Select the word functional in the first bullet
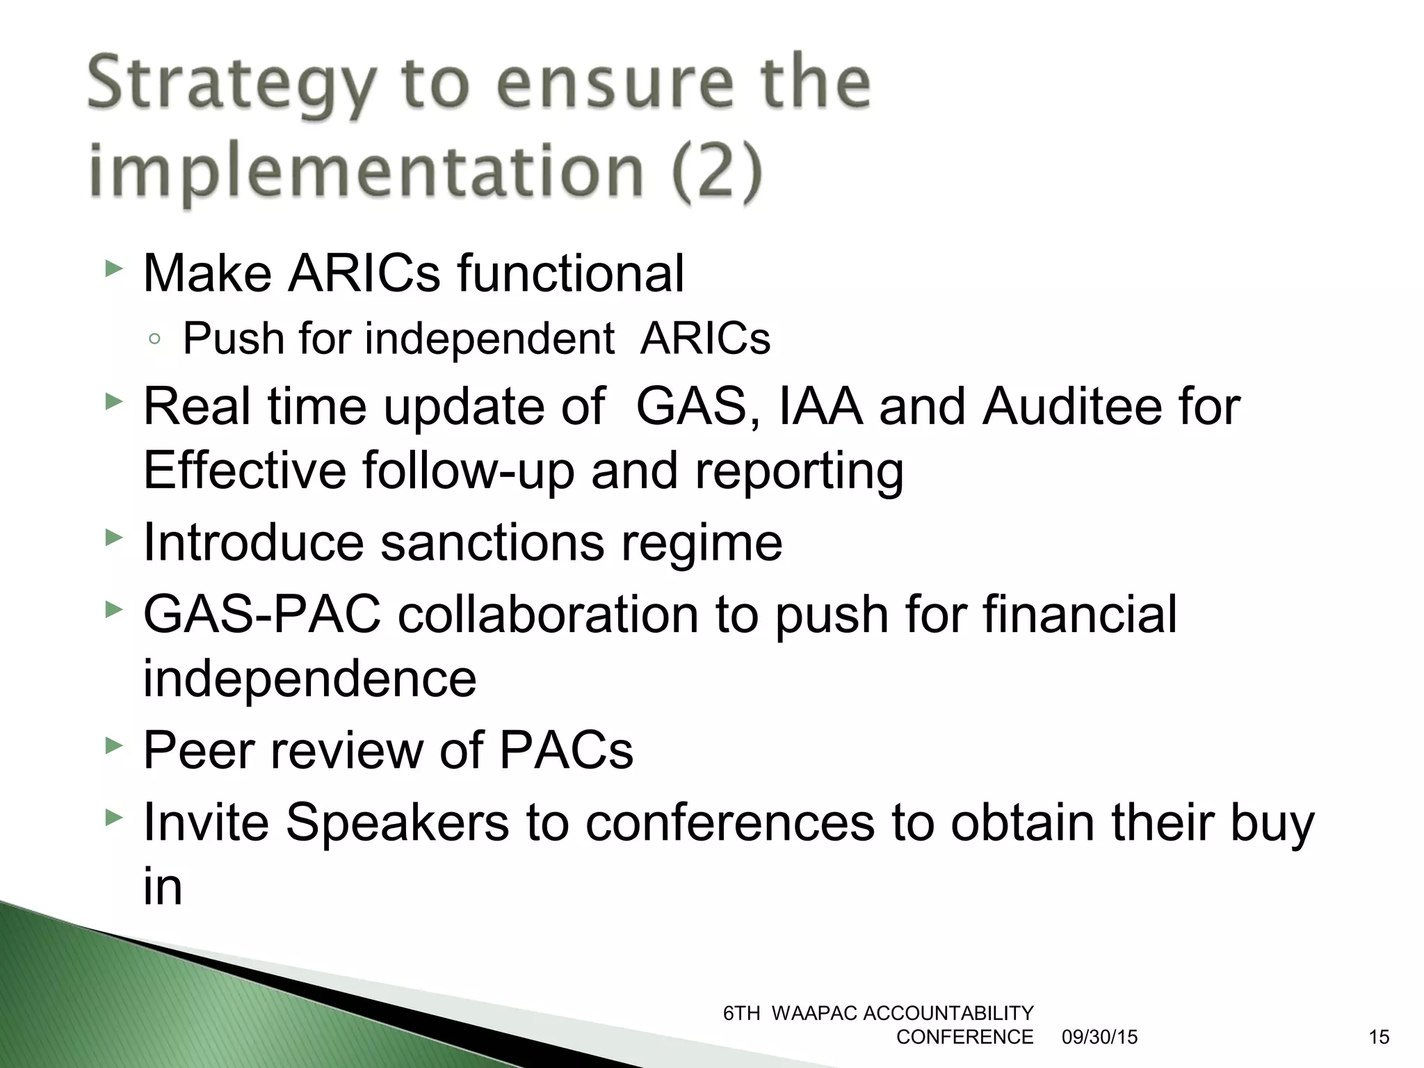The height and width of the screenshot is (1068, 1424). pos(570,273)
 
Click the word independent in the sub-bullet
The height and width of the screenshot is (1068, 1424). pos(489,339)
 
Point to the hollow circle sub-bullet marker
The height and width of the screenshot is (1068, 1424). pos(155,339)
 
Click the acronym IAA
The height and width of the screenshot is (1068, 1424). pos(821,406)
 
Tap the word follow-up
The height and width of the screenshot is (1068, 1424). pos(469,471)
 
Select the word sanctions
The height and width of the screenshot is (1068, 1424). pos(492,542)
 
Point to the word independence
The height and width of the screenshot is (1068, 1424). pos(309,678)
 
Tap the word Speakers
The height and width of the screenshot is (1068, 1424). pos(397,823)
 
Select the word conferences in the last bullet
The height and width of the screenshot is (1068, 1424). pos(730,823)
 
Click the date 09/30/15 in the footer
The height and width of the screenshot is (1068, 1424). pos(1099,1037)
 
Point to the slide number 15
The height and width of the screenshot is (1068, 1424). pos(1379,1037)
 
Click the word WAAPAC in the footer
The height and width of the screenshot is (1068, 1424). pos(814,1014)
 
